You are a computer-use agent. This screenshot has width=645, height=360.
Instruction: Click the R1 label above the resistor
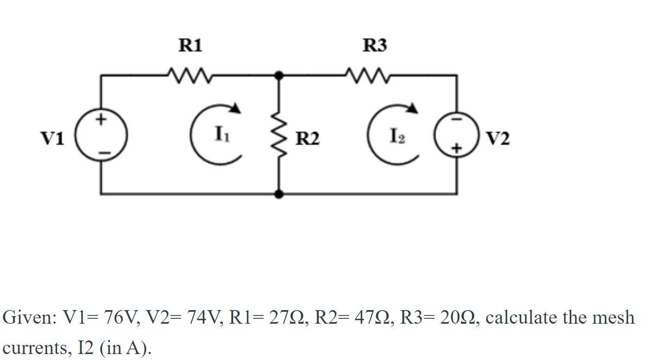click(x=190, y=46)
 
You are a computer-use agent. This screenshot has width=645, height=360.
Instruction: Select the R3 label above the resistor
click(x=375, y=46)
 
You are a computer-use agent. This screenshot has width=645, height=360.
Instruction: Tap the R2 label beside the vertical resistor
click(x=307, y=139)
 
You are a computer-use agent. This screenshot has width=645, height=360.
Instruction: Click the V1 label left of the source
click(x=53, y=139)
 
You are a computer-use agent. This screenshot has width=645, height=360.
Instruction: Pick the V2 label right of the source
click(x=498, y=139)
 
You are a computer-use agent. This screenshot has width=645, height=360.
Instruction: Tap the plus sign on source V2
click(x=456, y=147)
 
